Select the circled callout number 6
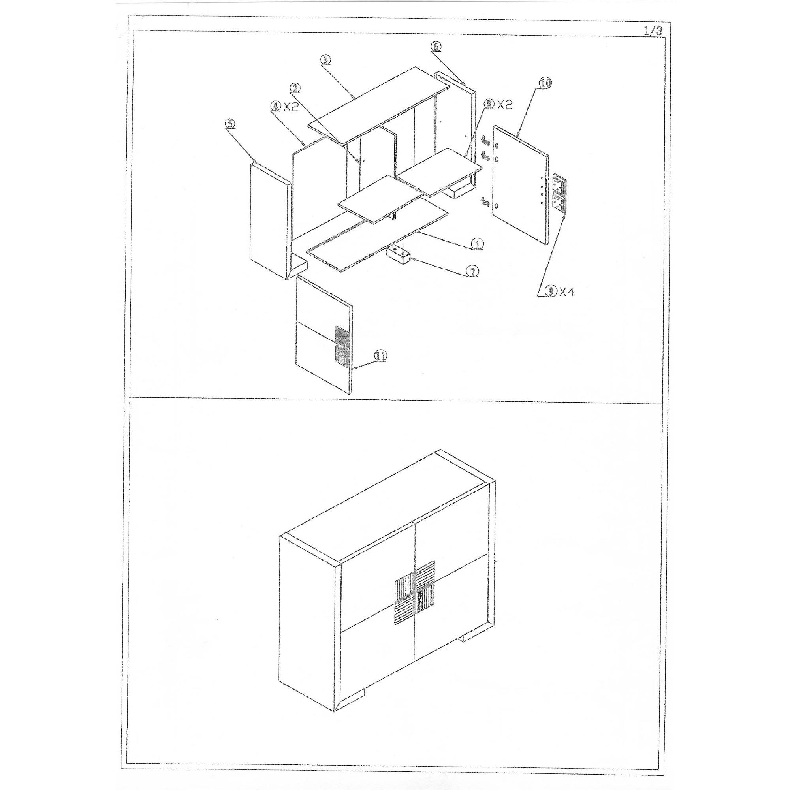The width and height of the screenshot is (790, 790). tap(436, 47)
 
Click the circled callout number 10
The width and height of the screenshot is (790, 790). tap(544, 83)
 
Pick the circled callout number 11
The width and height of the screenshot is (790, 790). tap(380, 356)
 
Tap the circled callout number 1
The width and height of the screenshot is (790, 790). tap(477, 244)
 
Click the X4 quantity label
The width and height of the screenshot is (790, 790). tap(567, 292)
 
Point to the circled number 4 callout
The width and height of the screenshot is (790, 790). tap(276, 106)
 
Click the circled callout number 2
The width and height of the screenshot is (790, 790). tap(295, 88)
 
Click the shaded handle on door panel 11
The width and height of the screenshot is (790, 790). tap(342, 345)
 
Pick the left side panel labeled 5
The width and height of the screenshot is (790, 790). tap(271, 220)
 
